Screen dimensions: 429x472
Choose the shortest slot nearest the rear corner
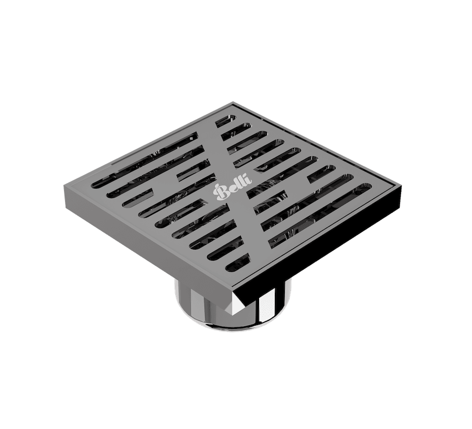point(226,121)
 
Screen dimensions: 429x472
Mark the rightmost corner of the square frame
point(404,185)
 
